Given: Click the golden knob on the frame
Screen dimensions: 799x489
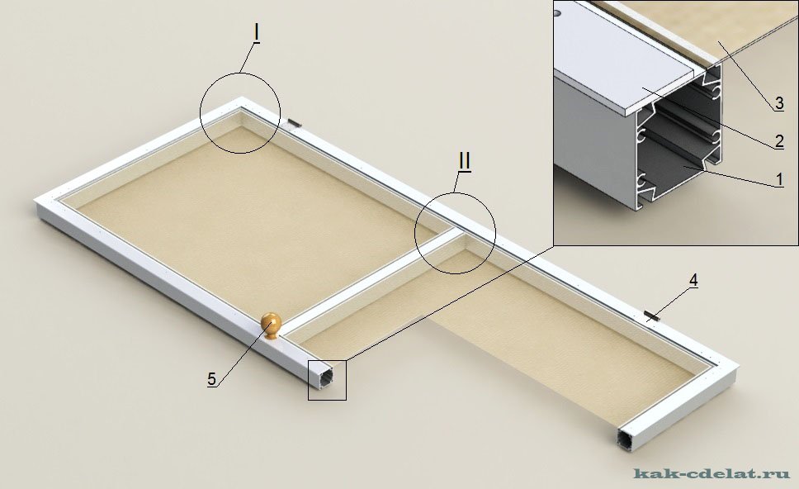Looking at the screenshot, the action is click(271, 325).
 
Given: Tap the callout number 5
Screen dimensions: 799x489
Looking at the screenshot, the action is click(212, 379).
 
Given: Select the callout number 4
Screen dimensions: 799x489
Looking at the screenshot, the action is click(693, 280).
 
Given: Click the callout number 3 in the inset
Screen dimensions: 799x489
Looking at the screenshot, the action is click(779, 103).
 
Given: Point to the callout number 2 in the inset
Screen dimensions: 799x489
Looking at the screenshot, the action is click(779, 141).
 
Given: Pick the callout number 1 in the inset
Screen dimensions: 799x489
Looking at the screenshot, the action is click(779, 179).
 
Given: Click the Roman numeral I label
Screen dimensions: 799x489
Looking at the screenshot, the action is click(257, 33).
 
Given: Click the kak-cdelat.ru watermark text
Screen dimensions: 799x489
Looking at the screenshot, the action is click(712, 473).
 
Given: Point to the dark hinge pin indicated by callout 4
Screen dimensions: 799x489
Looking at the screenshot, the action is click(652, 315).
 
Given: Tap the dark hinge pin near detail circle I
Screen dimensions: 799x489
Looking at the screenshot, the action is click(294, 122).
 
